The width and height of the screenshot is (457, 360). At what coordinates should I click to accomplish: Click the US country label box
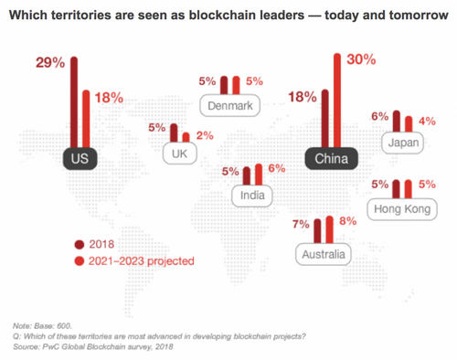pos(80,158)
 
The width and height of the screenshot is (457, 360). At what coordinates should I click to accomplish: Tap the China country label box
pos(331,158)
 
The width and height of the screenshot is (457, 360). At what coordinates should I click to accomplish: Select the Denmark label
pos(229,105)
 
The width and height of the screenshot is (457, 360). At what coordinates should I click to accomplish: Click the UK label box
pos(179,154)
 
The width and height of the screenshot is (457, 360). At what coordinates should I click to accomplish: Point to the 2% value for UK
pos(206,136)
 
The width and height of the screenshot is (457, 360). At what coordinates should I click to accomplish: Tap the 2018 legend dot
pos(80,244)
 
